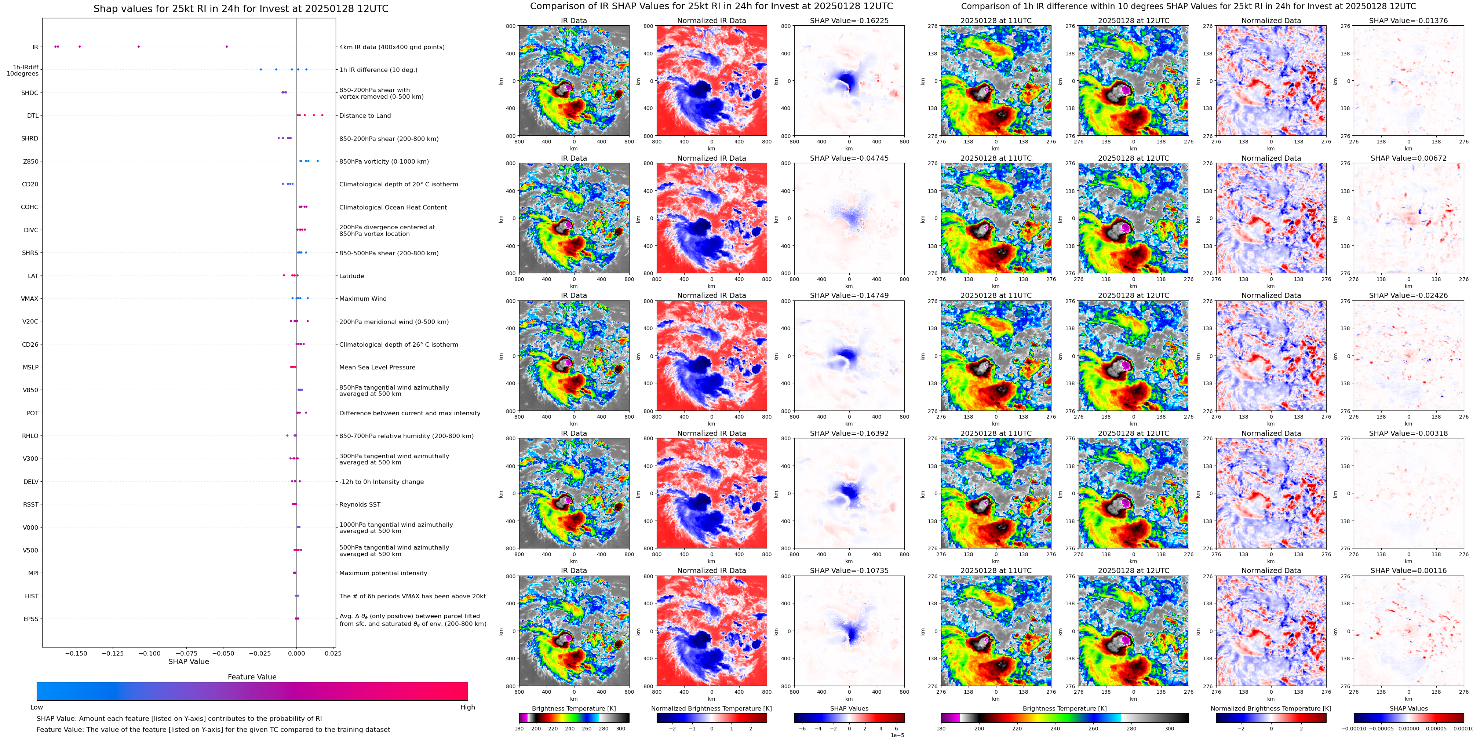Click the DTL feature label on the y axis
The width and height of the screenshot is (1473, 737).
coord(33,116)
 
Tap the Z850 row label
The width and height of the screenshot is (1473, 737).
coord(30,161)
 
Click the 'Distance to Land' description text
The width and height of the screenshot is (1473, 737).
coord(365,116)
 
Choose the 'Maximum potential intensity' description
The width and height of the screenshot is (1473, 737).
coord(383,573)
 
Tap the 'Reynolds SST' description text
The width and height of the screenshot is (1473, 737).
coord(359,504)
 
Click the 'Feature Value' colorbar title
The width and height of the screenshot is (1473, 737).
coord(252,677)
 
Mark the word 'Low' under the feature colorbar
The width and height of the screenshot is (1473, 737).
coord(37,707)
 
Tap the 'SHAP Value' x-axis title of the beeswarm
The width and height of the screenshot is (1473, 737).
coord(188,661)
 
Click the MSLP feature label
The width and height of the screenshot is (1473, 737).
coord(30,367)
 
